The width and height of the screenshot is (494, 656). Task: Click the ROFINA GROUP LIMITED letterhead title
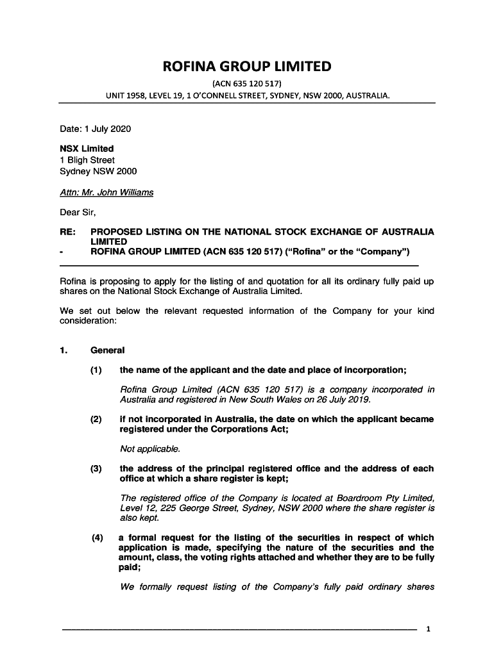pos(247,67)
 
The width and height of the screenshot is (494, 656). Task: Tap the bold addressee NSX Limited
pos(87,149)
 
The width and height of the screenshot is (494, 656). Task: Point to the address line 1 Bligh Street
pos(87,160)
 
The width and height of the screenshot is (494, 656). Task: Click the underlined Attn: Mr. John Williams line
pos(106,192)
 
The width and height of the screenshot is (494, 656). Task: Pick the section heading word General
pos(108,350)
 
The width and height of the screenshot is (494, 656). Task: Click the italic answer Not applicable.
pos(150,448)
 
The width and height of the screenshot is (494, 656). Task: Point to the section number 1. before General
pos(64,350)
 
